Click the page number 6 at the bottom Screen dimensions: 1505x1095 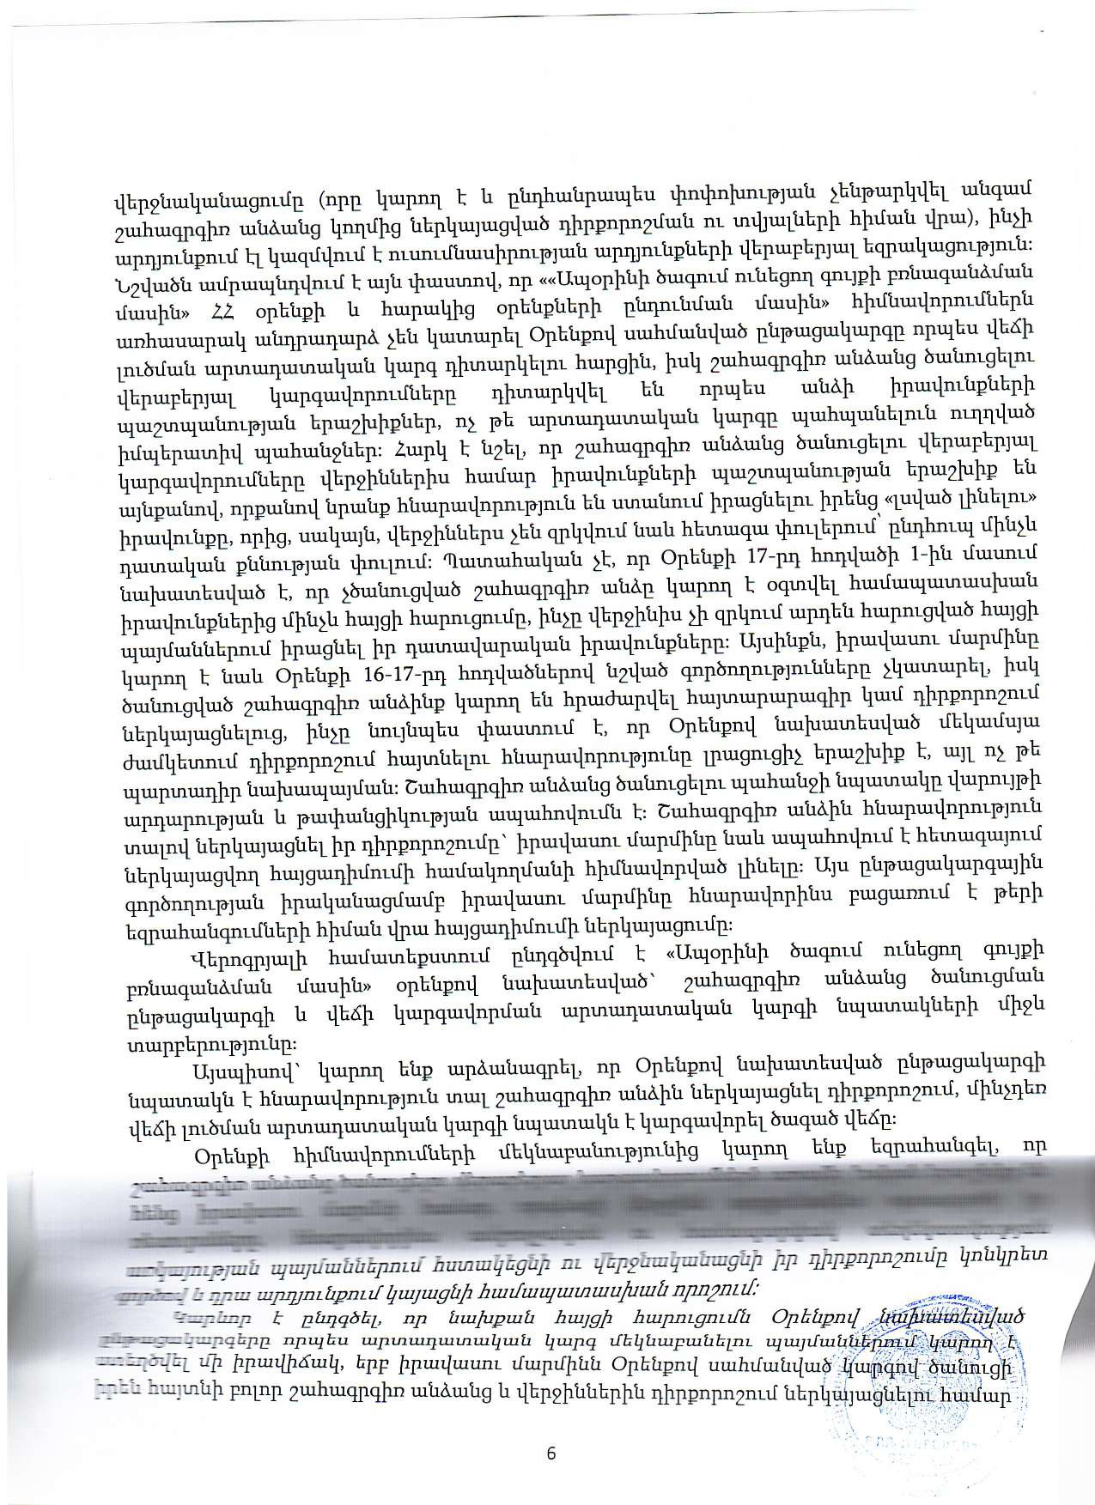551,1453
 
